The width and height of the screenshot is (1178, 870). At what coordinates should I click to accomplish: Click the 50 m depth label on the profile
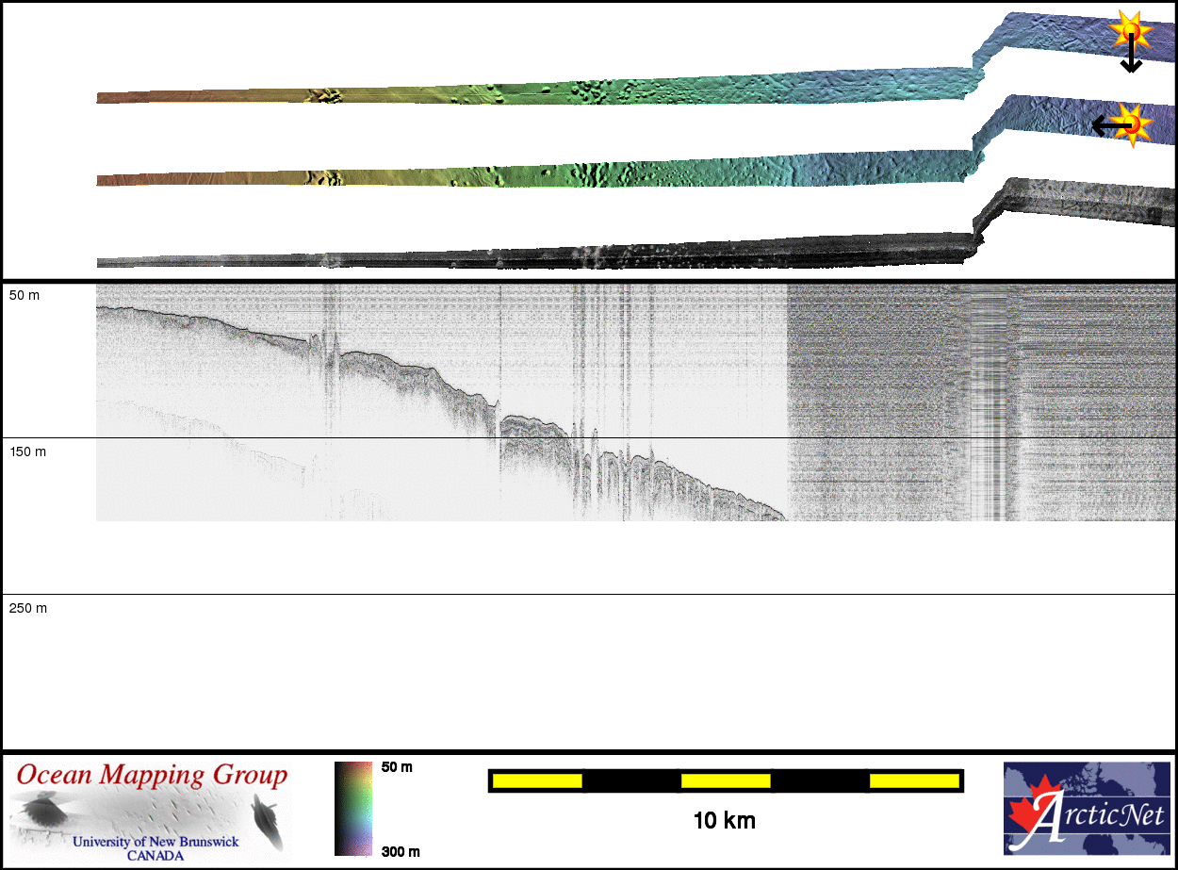point(24,295)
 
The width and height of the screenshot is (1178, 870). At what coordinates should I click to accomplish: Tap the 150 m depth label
point(27,451)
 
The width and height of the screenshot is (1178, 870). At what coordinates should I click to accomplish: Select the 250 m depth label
point(27,608)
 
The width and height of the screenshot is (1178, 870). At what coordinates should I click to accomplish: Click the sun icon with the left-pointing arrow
point(1133,125)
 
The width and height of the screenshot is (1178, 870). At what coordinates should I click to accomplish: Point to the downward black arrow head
point(1131,66)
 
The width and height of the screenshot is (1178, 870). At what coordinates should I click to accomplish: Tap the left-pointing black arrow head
point(1100,126)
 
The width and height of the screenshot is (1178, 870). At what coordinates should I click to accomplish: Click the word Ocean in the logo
point(54,775)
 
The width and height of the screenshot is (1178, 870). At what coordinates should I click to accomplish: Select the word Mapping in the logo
point(152,776)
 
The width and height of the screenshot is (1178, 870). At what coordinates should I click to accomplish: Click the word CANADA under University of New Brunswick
point(155,856)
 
